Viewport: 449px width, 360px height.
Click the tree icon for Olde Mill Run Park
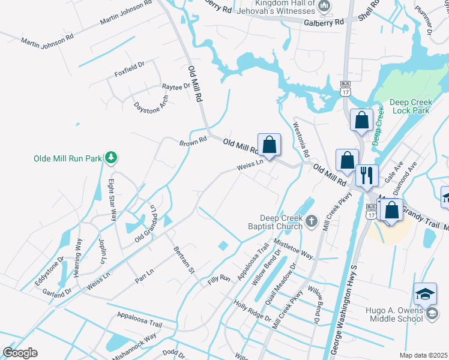pos(110,158)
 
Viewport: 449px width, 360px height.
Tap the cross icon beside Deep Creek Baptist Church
pos(311,222)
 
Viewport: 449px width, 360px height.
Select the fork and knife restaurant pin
pos(367,176)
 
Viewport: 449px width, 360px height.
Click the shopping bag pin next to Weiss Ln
pos(269,145)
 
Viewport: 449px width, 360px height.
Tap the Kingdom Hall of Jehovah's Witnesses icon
pos(325,6)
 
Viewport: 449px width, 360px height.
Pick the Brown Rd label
pos(193,142)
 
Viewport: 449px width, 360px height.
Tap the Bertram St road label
pos(184,259)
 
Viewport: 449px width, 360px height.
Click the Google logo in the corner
pos(20,353)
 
